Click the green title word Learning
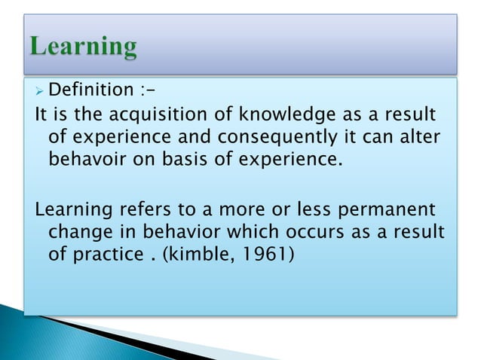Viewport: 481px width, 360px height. click(84, 47)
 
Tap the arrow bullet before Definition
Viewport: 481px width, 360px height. click(40, 91)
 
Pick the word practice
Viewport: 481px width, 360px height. click(110, 255)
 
